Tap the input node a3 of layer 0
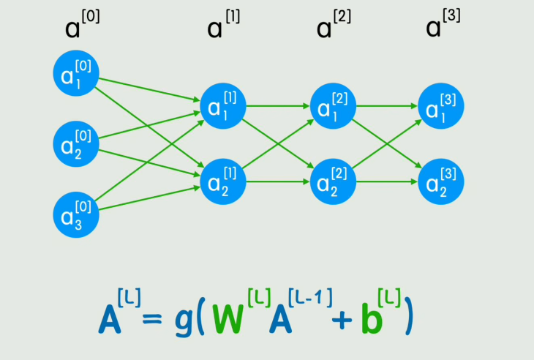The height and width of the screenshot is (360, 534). click(75, 214)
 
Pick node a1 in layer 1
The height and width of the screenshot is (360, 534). click(222, 108)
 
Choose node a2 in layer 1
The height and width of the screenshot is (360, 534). click(222, 180)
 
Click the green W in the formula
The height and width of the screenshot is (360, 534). click(233, 317)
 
